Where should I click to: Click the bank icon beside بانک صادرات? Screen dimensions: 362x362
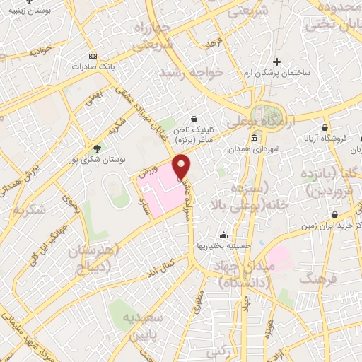coord(91,55)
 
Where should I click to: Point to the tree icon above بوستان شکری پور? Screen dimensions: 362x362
coord(97,148)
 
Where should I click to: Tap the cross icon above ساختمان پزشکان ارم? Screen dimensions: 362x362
coord(276,62)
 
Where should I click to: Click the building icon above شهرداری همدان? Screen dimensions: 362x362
coord(254,138)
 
